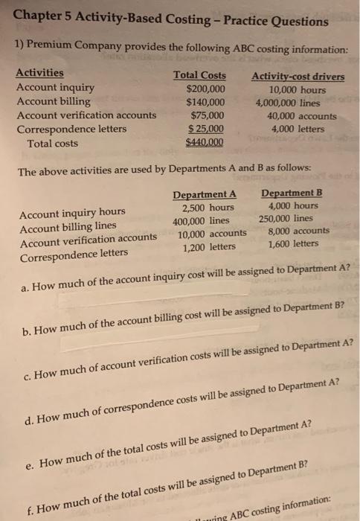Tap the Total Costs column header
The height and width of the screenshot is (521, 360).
(199, 74)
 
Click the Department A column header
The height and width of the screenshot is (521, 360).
(205, 195)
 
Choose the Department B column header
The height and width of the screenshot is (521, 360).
(291, 194)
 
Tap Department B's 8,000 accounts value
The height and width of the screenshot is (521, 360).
(292, 231)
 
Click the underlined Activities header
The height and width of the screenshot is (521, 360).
(39, 73)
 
